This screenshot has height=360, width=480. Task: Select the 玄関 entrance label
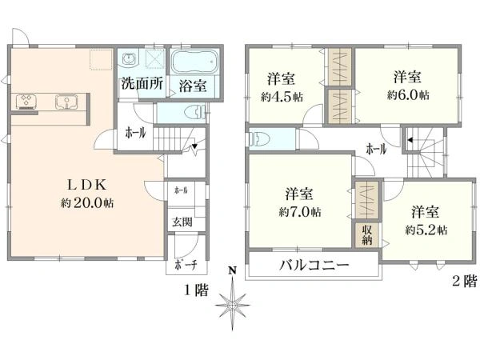tap(178, 222)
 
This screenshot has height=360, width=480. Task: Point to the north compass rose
tap(233, 306)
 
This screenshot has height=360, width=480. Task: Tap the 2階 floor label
tap(464, 281)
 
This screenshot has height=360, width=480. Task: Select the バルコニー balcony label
tap(314, 266)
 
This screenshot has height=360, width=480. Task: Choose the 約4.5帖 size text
tap(281, 95)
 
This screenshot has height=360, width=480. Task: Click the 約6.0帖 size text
tap(408, 94)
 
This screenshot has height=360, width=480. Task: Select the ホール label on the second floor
tap(376, 149)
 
